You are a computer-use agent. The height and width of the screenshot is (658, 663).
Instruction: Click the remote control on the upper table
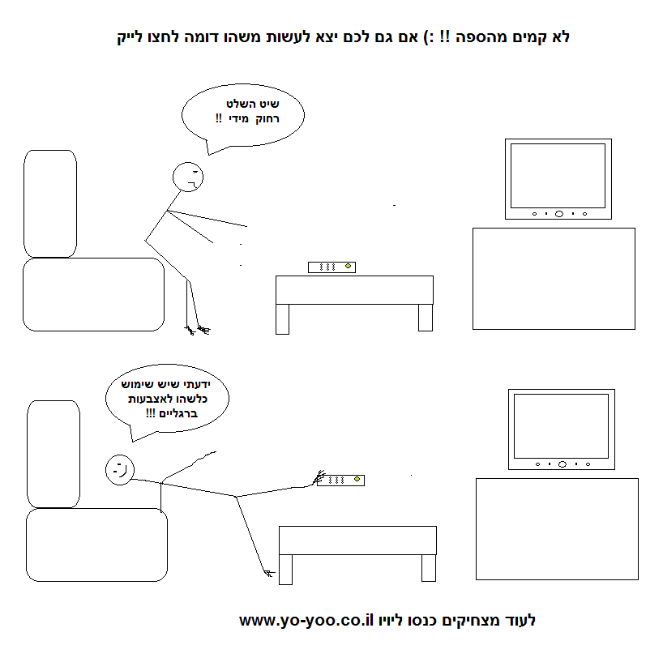point(332,267)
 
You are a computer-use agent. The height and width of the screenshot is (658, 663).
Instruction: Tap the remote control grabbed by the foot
point(340,481)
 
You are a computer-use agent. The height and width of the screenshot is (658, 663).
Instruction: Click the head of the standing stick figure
point(188,177)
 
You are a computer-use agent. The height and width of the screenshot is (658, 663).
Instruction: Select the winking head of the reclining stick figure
point(120,470)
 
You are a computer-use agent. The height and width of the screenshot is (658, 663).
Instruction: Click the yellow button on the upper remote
point(348,266)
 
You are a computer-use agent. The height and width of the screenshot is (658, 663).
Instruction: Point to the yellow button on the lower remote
point(357,479)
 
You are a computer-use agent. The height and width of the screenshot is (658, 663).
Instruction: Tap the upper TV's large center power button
point(559,214)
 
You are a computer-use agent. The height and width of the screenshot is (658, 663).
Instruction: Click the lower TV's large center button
point(562,464)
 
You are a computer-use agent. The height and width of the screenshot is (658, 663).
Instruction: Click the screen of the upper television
point(558,176)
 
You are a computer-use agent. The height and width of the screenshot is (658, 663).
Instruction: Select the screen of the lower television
point(561,426)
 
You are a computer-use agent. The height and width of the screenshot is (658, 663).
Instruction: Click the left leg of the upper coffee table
point(282,319)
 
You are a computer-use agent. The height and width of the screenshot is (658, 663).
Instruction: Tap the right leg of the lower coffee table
point(429,568)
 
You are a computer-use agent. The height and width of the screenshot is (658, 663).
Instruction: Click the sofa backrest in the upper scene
point(50,203)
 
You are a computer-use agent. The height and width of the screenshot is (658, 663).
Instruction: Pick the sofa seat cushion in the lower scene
point(96,545)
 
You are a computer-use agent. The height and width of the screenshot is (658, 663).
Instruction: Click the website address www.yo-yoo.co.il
point(306,621)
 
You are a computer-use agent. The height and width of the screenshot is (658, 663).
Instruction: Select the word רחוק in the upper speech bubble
point(267,119)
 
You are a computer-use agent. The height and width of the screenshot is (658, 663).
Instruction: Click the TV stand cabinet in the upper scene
point(554,279)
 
